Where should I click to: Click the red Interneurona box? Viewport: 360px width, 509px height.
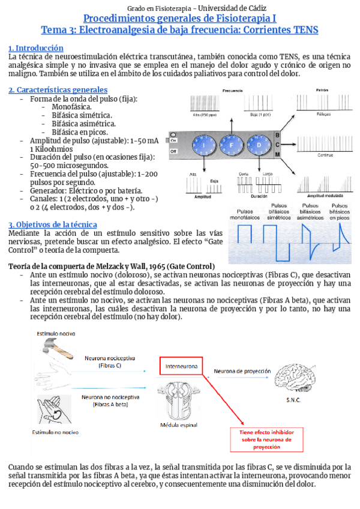pos(181,365)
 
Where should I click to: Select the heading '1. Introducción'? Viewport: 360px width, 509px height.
pos(35,47)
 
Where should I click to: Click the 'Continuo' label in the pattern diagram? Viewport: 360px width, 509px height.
pos(325,154)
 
